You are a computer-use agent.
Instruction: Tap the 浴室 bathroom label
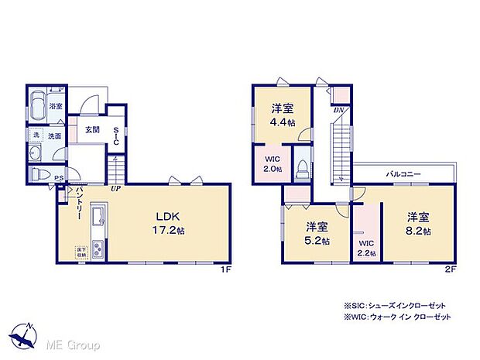(55, 105)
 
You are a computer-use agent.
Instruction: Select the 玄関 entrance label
(91, 130)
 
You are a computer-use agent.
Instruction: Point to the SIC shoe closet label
(116, 137)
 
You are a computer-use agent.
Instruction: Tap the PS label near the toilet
(60, 180)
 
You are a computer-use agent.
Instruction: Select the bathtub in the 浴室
(38, 105)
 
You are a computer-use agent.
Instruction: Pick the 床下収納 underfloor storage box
(81, 252)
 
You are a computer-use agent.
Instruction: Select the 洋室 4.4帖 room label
(281, 115)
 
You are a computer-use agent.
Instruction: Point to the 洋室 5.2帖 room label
(315, 233)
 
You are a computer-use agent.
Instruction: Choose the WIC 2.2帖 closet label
(365, 248)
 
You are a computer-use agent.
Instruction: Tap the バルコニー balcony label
(404, 174)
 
